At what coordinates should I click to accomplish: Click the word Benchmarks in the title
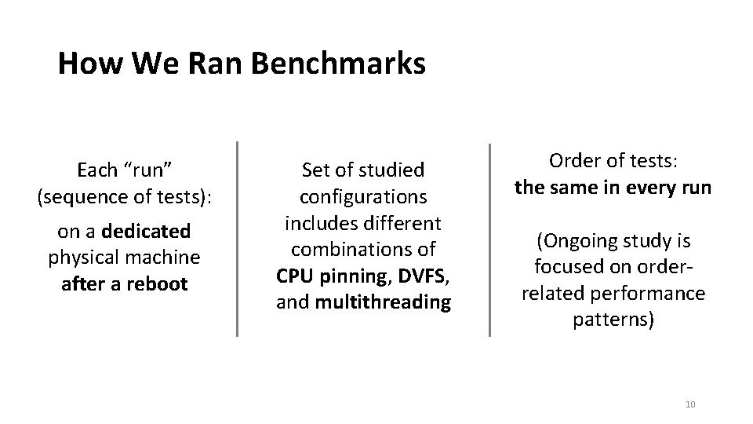pos(339,64)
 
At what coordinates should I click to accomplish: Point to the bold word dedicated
pos(146,231)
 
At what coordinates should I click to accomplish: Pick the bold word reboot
pos(158,283)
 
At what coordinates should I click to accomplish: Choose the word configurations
pos(363,196)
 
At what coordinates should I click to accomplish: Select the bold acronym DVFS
pos(420,276)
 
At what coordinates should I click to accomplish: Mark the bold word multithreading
pos(384,302)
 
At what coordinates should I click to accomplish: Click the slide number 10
pos(690,404)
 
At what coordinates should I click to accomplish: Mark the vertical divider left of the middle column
pos(238,239)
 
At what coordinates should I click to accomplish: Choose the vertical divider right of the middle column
pos(490,239)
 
